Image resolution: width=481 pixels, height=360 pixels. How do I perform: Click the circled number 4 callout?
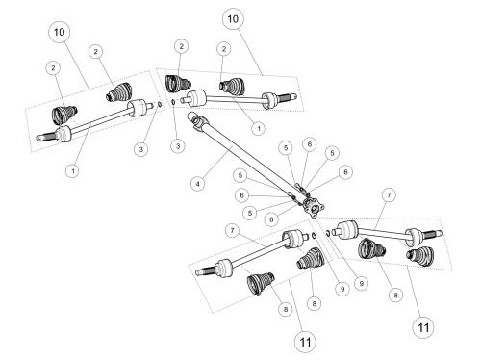[197, 184]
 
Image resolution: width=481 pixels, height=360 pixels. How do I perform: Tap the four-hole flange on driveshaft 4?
[314, 208]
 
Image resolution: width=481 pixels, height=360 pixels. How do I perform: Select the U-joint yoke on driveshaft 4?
[197, 121]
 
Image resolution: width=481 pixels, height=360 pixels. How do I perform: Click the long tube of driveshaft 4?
[247, 157]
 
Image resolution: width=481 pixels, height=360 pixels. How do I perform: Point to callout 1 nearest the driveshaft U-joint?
[259, 129]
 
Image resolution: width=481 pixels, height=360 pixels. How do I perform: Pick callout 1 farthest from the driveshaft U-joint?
[73, 170]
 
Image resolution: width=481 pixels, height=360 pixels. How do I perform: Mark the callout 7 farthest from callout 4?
[389, 194]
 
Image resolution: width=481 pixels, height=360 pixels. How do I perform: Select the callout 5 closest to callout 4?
[240, 175]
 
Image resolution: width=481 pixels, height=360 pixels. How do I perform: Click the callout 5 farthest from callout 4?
[332, 153]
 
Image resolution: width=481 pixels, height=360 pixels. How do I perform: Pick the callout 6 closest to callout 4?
[241, 195]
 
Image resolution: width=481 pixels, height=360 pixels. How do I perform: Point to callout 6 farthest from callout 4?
[345, 172]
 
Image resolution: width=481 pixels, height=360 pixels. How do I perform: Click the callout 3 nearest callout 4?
[178, 146]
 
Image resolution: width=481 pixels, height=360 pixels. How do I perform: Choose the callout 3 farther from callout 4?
[141, 149]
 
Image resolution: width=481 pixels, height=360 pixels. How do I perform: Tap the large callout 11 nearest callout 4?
[305, 342]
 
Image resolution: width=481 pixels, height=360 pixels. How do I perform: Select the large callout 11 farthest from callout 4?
[423, 327]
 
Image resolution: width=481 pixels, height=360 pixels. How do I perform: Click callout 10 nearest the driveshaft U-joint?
[233, 18]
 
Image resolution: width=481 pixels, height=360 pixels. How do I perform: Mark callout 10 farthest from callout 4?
[59, 32]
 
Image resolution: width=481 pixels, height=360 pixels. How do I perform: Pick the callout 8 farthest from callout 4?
[395, 295]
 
